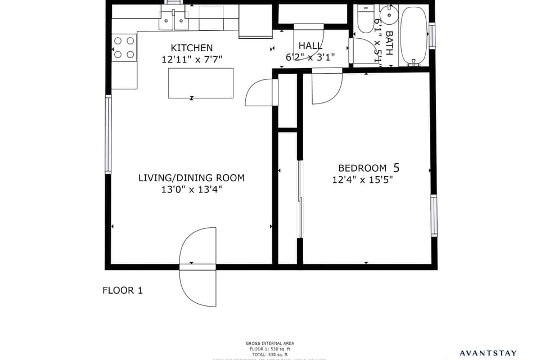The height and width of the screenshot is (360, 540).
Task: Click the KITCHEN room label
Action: click(x=192, y=48)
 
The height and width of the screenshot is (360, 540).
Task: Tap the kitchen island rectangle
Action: click(x=201, y=83)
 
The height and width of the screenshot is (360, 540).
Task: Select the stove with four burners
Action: click(x=124, y=47)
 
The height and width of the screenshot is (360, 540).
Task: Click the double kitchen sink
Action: click(x=173, y=20)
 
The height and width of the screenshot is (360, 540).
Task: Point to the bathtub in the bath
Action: click(x=414, y=35)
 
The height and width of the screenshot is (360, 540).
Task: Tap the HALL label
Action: click(x=310, y=46)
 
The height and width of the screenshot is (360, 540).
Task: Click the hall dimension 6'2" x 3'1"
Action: click(x=310, y=56)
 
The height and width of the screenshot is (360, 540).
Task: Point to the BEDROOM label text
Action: click(x=362, y=168)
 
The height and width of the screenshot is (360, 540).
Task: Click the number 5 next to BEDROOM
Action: click(x=397, y=167)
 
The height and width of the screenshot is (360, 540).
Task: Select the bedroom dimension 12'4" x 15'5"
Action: click(x=362, y=180)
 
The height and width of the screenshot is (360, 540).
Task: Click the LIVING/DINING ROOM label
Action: click(x=191, y=178)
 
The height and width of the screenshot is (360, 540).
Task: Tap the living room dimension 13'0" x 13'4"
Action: click(x=191, y=190)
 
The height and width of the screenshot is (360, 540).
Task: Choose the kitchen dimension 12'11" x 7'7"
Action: click(x=192, y=59)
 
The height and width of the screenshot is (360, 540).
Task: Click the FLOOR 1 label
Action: click(x=122, y=290)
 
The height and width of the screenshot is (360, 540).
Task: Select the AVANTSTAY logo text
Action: click(x=488, y=353)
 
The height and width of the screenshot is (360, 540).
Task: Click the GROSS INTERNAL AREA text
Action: click(x=269, y=343)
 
